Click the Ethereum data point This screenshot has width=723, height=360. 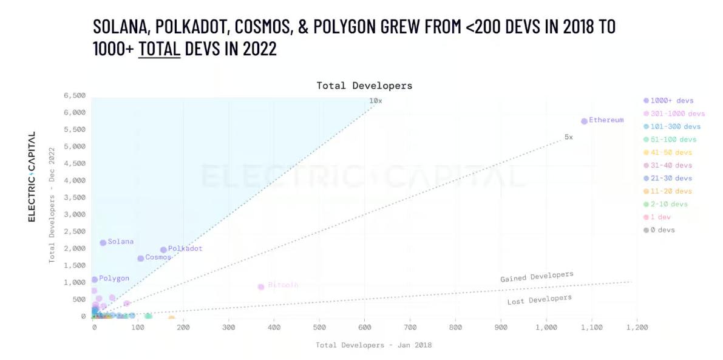584,121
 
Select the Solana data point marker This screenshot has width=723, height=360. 103,243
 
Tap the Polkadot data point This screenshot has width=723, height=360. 163,250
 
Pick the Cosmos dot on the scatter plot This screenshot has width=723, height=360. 141,259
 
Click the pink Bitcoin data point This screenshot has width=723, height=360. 261,287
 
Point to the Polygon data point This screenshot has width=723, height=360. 95,280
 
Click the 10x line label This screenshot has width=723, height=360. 376,101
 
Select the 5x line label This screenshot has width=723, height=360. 568,137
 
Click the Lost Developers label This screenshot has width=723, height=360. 539,300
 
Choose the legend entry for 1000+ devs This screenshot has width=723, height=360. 668,101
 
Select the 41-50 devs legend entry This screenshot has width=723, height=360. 668,152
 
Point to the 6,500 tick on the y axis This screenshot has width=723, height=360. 75,96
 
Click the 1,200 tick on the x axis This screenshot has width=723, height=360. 637,328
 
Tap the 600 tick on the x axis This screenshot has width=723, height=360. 365,328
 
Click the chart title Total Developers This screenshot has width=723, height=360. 364,86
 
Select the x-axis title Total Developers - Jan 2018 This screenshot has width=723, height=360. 373,345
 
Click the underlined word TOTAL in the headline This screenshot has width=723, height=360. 159,49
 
